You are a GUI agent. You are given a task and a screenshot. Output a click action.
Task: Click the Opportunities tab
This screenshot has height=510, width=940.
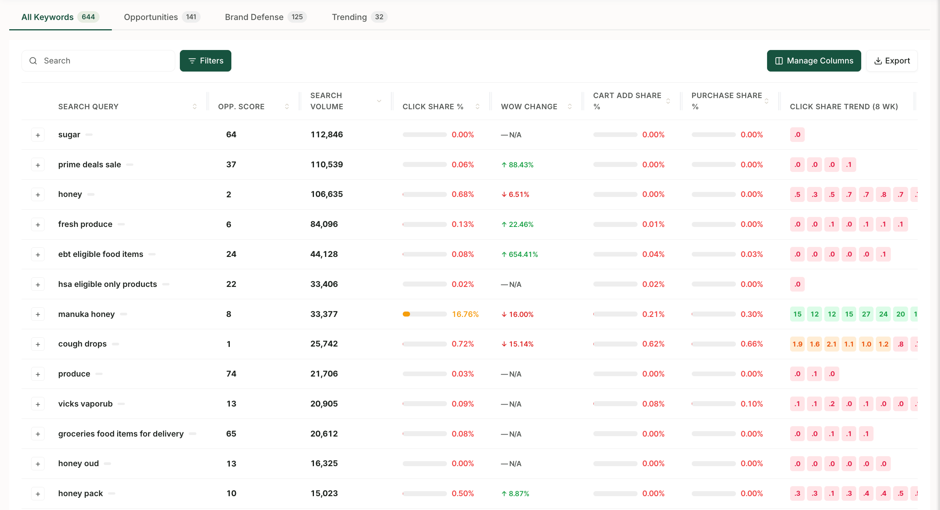(x=162, y=17)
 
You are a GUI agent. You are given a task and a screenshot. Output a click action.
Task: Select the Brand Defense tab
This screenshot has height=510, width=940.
(x=266, y=17)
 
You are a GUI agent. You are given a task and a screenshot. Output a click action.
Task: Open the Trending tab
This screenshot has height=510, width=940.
(x=359, y=17)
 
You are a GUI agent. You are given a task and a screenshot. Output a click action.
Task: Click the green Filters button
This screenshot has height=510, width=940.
(x=206, y=61)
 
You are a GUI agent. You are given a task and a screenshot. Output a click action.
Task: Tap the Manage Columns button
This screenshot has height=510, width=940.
(x=814, y=61)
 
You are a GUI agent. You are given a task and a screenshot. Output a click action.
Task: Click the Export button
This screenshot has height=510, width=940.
(x=892, y=61)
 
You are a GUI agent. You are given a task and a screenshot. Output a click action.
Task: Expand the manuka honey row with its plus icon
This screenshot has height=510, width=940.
(x=38, y=314)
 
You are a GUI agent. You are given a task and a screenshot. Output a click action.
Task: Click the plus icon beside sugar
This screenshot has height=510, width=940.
(x=38, y=135)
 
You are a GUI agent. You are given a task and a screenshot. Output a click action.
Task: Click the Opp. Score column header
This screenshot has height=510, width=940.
(x=241, y=107)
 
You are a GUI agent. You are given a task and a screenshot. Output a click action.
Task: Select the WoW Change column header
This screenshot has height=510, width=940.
(x=529, y=107)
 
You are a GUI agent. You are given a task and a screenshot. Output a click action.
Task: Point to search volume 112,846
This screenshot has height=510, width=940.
(x=327, y=135)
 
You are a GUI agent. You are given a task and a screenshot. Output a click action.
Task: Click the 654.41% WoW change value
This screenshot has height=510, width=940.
(x=520, y=254)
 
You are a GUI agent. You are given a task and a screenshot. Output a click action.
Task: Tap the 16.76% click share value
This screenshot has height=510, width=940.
(x=465, y=314)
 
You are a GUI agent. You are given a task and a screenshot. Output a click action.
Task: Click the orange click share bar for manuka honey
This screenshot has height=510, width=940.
(x=407, y=314)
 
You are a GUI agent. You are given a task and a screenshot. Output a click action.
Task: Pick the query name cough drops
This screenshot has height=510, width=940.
(x=83, y=344)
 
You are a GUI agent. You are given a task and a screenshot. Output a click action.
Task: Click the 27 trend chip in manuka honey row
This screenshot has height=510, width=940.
(x=866, y=314)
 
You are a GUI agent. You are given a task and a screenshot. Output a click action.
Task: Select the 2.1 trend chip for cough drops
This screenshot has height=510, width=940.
(x=832, y=344)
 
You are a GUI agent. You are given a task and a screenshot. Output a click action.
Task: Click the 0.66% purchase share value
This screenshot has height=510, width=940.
(x=752, y=344)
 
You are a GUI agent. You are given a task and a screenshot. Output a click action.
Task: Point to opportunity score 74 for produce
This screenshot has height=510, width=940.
(x=231, y=374)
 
